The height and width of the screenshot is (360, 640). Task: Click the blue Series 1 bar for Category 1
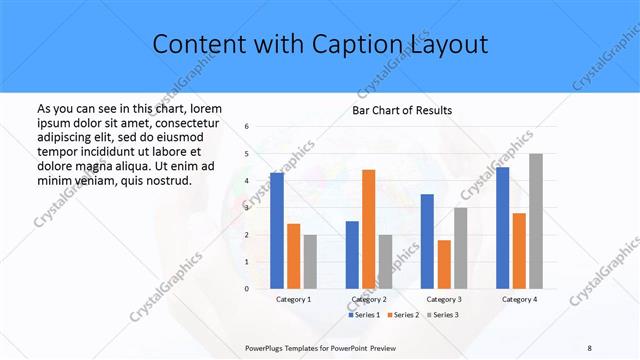pyautogui.click(x=277, y=231)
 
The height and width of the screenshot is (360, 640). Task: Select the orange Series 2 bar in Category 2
pyautogui.click(x=368, y=229)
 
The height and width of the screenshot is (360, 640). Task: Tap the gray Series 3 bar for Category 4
pyautogui.click(x=535, y=221)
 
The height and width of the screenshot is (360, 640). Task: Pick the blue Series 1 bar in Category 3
pyautogui.click(x=427, y=241)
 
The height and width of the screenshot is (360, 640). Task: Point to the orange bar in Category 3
pyautogui.click(x=443, y=264)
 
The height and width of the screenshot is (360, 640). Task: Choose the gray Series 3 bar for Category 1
pyautogui.click(x=310, y=262)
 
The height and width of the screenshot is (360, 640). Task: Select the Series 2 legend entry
pyautogui.click(x=403, y=315)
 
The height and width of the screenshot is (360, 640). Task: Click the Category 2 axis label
pyautogui.click(x=369, y=299)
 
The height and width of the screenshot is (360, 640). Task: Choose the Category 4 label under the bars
pyautogui.click(x=519, y=299)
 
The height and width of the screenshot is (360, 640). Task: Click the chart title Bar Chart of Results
pyautogui.click(x=402, y=110)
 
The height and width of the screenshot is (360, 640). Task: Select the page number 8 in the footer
pyautogui.click(x=589, y=347)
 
